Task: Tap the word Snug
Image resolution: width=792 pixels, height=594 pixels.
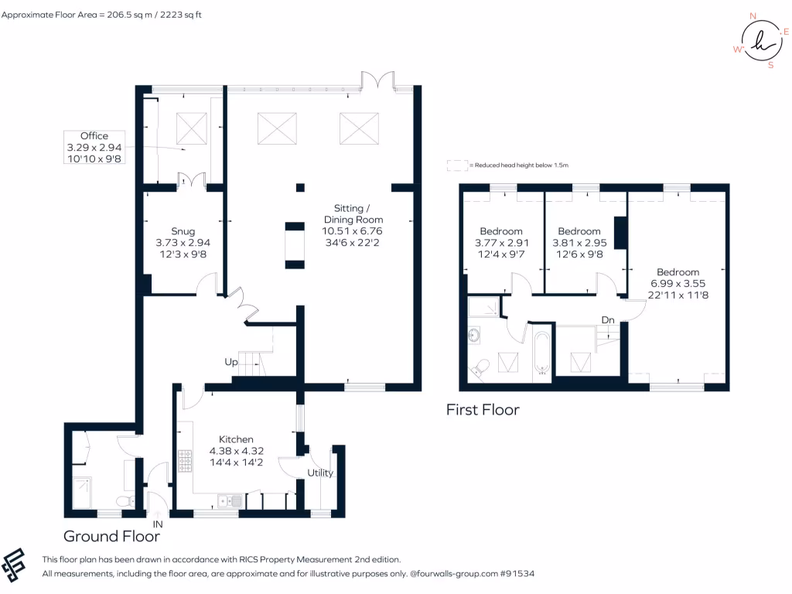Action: pyautogui.click(x=183, y=231)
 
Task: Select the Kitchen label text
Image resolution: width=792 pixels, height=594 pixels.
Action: pyautogui.click(x=236, y=439)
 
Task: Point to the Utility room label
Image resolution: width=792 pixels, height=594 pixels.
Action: pyautogui.click(x=319, y=473)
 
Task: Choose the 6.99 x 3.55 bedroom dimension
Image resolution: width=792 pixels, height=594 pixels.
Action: pyautogui.click(x=678, y=283)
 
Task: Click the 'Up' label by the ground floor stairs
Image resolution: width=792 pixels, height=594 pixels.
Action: pyautogui.click(x=231, y=362)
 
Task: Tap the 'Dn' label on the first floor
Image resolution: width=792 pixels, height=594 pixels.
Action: pyautogui.click(x=609, y=320)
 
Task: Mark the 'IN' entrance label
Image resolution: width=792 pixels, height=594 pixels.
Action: pyautogui.click(x=157, y=524)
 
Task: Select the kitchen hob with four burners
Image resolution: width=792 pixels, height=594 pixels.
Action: pyautogui.click(x=186, y=461)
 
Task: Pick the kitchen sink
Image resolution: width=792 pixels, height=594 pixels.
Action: pyautogui.click(x=230, y=501)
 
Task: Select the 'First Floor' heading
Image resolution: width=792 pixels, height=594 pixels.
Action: pyautogui.click(x=483, y=410)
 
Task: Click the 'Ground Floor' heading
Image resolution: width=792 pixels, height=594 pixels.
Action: pyautogui.click(x=111, y=536)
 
